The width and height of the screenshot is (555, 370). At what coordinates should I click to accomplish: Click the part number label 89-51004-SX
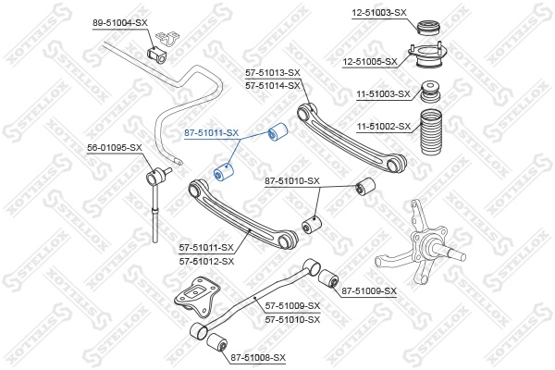coord(120,23)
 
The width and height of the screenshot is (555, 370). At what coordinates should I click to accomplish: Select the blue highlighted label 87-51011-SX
coord(212,133)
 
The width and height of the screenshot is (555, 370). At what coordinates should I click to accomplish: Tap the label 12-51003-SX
coord(379,13)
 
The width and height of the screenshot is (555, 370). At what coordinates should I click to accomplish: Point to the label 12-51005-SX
coord(370,62)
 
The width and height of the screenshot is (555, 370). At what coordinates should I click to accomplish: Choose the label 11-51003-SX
coord(383,94)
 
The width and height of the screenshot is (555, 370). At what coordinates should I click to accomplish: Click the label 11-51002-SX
coord(384,127)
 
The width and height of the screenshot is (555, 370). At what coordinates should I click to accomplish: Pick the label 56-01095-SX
coord(115,148)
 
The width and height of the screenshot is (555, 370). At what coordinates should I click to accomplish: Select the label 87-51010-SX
coord(292,181)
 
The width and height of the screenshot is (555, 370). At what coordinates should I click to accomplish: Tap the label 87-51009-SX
coord(369,291)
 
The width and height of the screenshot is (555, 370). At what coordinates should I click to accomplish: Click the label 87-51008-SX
coord(258,358)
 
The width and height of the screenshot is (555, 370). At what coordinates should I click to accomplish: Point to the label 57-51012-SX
coord(206,262)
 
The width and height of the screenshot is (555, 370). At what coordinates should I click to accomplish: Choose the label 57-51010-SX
coord(292,320)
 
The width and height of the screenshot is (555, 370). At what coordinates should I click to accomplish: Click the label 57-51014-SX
coord(273,86)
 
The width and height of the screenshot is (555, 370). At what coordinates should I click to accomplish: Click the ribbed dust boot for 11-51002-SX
coord(431,132)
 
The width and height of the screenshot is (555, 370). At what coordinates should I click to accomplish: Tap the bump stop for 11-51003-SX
coord(430,92)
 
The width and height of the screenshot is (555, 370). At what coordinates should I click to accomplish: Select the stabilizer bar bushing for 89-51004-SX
coord(156,54)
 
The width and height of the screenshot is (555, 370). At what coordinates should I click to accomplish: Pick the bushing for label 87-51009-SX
coord(328,278)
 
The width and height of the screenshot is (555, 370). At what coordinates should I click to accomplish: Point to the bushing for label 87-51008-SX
coord(216,342)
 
